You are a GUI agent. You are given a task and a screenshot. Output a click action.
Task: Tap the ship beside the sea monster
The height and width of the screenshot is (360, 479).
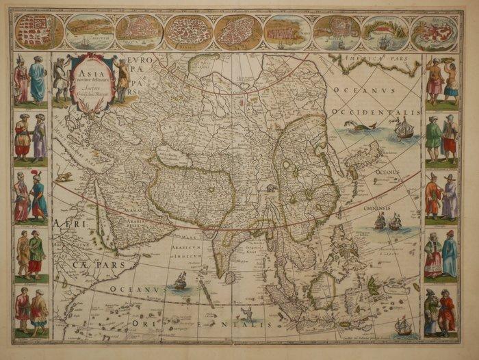403,127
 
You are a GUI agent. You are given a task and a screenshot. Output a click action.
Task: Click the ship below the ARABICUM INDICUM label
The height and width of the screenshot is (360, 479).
181,280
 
